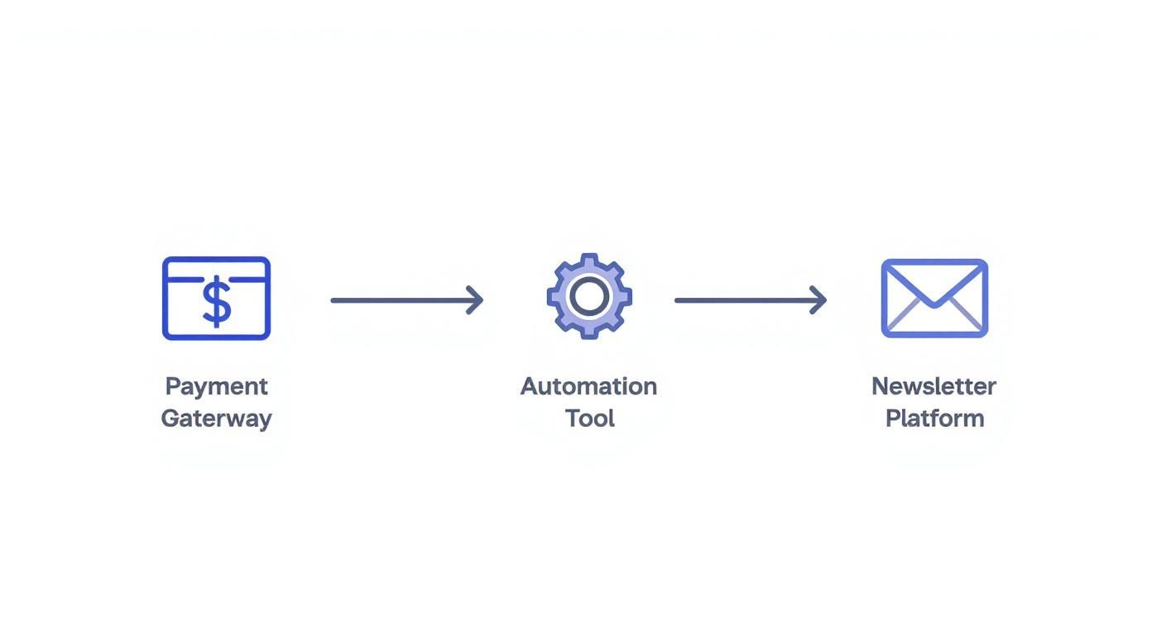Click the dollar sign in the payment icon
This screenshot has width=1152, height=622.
pyautogui.click(x=217, y=302)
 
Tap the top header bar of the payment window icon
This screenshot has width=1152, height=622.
pyautogui.click(x=216, y=268)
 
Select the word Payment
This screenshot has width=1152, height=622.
pyautogui.click(x=216, y=386)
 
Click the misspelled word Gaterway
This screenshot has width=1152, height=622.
pyautogui.click(x=216, y=419)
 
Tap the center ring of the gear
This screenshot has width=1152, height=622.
pyautogui.click(x=589, y=296)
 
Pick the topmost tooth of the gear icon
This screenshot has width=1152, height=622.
pyautogui.click(x=589, y=259)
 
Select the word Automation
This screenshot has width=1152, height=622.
pyautogui.click(x=588, y=386)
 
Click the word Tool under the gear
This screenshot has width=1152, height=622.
pyautogui.click(x=589, y=419)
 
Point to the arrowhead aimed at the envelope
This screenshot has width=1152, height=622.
pyautogui.click(x=821, y=300)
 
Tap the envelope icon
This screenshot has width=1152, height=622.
pyautogui.click(x=934, y=298)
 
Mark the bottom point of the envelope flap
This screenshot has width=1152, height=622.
pyautogui.click(x=934, y=305)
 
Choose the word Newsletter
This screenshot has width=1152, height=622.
pyautogui.click(x=934, y=386)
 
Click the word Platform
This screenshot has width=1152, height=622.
pyautogui.click(x=934, y=419)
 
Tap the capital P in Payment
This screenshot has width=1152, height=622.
pyautogui.click(x=172, y=386)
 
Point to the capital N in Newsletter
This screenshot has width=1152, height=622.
pyautogui.click(x=881, y=386)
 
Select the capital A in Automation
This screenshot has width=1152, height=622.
pyautogui.click(x=529, y=386)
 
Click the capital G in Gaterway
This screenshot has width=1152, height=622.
pyautogui.click(x=170, y=419)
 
